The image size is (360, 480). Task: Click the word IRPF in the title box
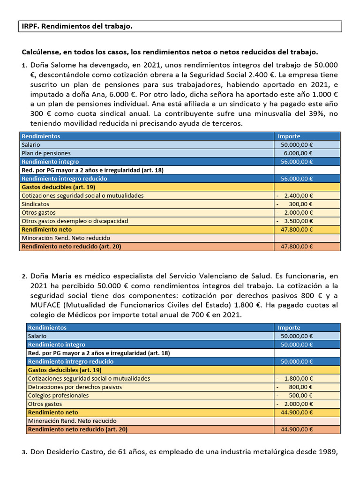click(x=30, y=27)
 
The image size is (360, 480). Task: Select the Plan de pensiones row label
click(x=46, y=153)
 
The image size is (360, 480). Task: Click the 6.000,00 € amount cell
click(x=298, y=153)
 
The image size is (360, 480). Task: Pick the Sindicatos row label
click(x=35, y=204)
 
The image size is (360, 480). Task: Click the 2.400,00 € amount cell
click(x=298, y=195)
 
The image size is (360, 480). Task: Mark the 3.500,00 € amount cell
click(x=298, y=221)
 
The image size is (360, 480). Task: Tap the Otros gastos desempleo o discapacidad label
click(x=75, y=221)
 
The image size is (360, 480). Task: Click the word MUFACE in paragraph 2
click(x=45, y=305)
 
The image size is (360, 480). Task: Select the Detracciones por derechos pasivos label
click(x=75, y=387)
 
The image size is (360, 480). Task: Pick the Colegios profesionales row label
click(x=59, y=395)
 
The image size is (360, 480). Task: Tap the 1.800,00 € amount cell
click(x=298, y=378)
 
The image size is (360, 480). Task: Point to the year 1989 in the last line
click(x=328, y=452)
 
